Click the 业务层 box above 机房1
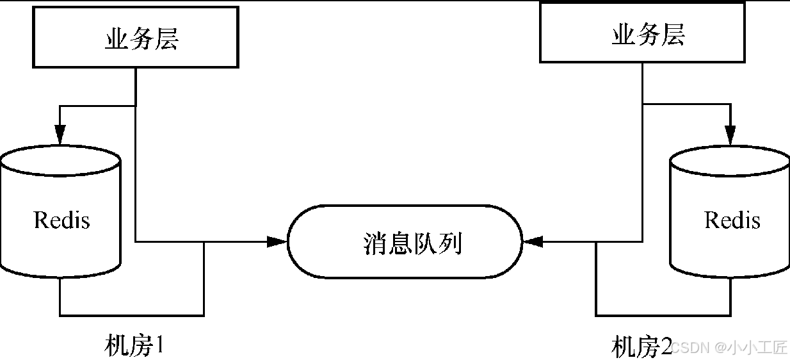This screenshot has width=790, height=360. pos(135,38)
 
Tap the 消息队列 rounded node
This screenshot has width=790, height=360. pos(405,241)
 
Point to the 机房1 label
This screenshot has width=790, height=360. pos(134,346)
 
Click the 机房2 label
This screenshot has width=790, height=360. pos(641,347)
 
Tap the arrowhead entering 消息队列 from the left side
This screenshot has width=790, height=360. pos(277,241)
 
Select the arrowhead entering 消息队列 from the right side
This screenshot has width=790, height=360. pos(533,241)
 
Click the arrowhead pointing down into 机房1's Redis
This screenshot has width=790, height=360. pos(60,134)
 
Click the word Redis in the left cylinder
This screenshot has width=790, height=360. pos(61,220)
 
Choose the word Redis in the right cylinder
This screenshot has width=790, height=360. pos(732,220)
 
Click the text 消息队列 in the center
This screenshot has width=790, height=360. pos(412,243)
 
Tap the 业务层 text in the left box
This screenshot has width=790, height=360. pos(141,39)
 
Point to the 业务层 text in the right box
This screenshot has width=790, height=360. pos(648,35)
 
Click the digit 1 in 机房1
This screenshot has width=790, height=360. pos(160,346)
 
